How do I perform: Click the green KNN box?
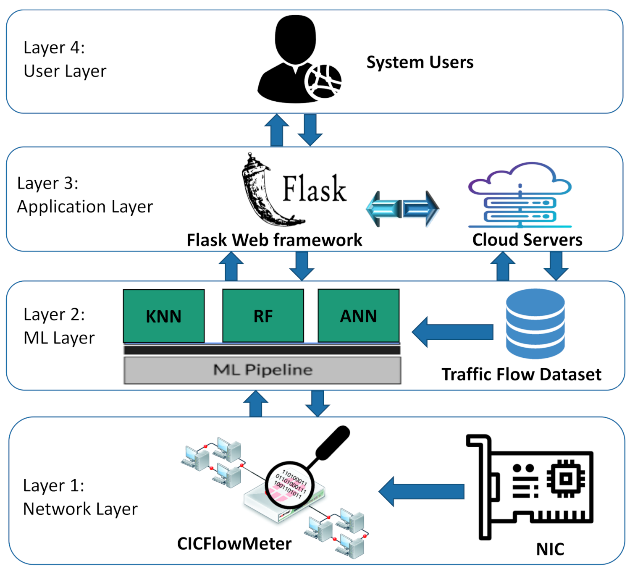[x=164, y=316]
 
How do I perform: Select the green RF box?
[x=263, y=316]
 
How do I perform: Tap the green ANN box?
[x=358, y=316]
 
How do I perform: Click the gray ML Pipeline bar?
[x=262, y=370]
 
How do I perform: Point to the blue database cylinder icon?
[x=535, y=323]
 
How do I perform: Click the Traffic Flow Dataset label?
[x=521, y=374]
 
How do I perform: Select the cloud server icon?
[x=520, y=195]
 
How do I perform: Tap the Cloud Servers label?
[x=527, y=240]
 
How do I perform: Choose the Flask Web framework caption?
[x=274, y=240]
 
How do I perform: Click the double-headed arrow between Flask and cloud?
[x=402, y=209]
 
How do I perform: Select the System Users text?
[x=420, y=62]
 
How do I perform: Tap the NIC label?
[x=550, y=549]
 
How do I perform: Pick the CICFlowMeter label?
[x=234, y=544]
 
